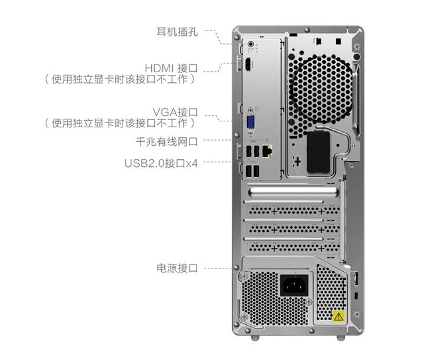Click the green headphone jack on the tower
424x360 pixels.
tap(250, 46)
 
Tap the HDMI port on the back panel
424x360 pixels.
tap(246, 66)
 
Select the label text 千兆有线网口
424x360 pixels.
tap(166, 141)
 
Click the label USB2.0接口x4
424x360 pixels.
tap(161, 162)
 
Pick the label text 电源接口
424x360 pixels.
tap(177, 269)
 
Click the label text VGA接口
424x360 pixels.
tap(175, 111)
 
